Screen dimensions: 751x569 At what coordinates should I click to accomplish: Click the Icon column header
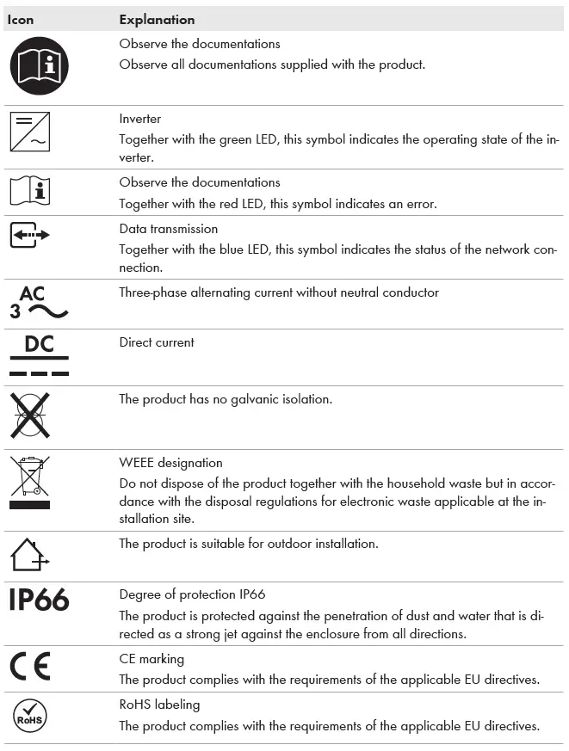tap(22, 20)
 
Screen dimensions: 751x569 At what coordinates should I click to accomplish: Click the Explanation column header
tap(157, 20)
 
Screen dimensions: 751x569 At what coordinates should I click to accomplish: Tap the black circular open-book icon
tap(39, 66)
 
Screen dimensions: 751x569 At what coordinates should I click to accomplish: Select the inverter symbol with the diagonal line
tap(30, 132)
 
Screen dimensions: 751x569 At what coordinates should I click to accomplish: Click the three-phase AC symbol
tap(39, 303)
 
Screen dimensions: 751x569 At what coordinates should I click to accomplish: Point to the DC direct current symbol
tap(39, 355)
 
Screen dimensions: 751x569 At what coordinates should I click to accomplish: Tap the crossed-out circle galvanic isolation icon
tap(30, 416)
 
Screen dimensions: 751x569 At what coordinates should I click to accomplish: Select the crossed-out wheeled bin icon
tap(30, 483)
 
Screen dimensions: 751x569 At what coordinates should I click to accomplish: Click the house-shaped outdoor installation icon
tap(30, 554)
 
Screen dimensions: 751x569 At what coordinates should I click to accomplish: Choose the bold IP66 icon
tap(39, 600)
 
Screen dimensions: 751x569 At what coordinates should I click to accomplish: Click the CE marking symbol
tap(30, 667)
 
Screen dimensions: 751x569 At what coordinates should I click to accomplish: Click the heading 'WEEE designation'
tap(170, 463)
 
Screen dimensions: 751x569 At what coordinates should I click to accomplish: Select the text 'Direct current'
tap(157, 342)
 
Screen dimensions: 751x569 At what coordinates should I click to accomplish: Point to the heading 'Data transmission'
tap(169, 229)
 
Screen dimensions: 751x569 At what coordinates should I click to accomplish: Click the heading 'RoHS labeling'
tap(159, 705)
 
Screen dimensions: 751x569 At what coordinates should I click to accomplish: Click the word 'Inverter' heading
tap(140, 119)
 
